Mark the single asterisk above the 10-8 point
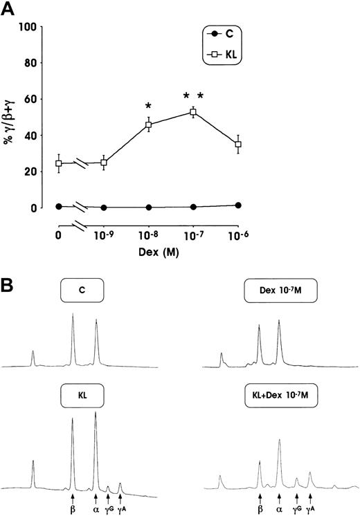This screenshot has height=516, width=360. tap(149, 107)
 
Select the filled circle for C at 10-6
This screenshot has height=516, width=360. tap(238, 205)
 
